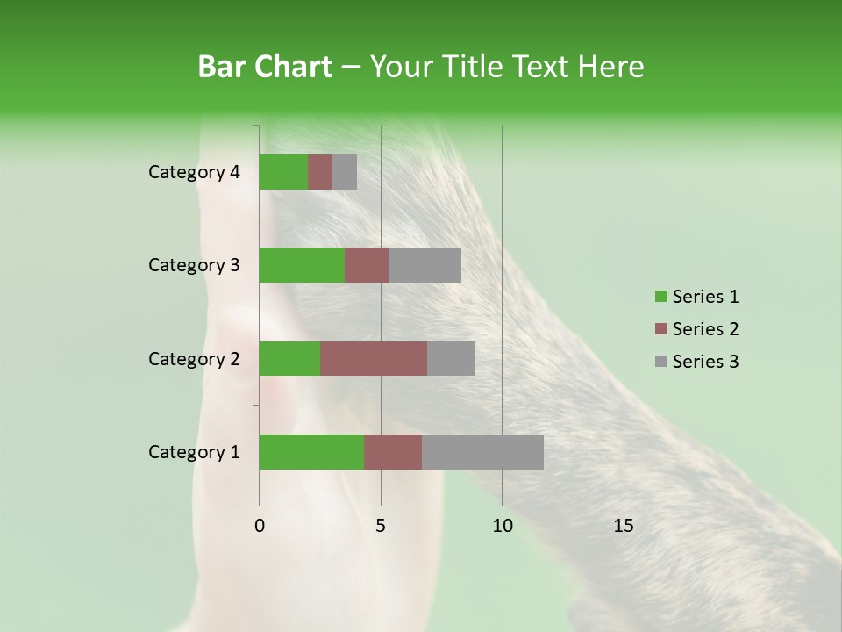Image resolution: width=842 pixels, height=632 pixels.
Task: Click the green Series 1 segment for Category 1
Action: (x=311, y=452)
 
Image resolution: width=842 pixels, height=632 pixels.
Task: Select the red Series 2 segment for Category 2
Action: (x=374, y=358)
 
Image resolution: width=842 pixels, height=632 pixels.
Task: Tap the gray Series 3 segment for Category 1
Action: (x=482, y=452)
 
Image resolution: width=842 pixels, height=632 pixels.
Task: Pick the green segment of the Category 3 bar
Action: (x=302, y=265)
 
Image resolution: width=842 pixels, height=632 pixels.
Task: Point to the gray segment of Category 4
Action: (x=345, y=172)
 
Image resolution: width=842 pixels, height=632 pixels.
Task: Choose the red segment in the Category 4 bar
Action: (x=320, y=172)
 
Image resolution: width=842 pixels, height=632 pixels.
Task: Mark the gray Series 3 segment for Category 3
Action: (x=425, y=265)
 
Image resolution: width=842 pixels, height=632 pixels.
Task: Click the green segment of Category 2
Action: (x=289, y=358)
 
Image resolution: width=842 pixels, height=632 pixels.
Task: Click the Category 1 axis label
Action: (x=194, y=452)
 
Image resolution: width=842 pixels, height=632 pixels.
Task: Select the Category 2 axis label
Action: (x=194, y=358)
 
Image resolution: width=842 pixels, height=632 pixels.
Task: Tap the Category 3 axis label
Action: (x=194, y=265)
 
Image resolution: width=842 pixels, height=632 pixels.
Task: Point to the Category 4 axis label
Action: (x=194, y=172)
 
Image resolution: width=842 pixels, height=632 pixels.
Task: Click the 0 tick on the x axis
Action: (x=260, y=526)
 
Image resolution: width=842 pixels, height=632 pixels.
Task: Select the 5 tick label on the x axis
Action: (x=381, y=526)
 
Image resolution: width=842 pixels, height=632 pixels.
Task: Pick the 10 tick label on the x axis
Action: (x=502, y=526)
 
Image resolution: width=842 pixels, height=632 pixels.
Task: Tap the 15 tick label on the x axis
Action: (x=624, y=526)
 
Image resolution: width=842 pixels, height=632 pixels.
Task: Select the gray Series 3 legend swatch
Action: (x=660, y=362)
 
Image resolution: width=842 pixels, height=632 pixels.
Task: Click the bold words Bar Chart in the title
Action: (x=265, y=67)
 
